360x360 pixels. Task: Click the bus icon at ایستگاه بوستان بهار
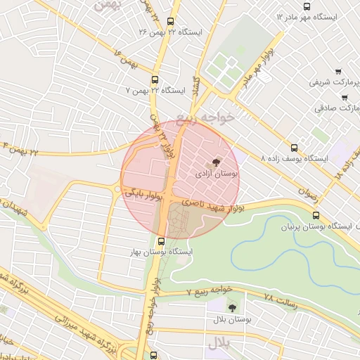tap(162, 241)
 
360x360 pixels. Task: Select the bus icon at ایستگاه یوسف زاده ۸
tap(294, 148)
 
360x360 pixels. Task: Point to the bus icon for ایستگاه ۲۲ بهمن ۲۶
tap(172, 22)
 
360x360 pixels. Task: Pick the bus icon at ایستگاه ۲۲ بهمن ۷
tap(155, 80)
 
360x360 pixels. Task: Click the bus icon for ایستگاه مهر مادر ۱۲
tap(306, 6)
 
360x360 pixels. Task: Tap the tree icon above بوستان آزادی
tap(216, 161)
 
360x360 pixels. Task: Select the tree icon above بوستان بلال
tap(232, 308)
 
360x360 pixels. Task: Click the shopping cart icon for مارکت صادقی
tap(345, 97)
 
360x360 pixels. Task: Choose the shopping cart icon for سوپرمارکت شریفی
tap(339, 71)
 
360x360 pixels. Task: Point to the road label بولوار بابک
tap(143, 191)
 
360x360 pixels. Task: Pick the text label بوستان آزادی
tap(216, 172)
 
